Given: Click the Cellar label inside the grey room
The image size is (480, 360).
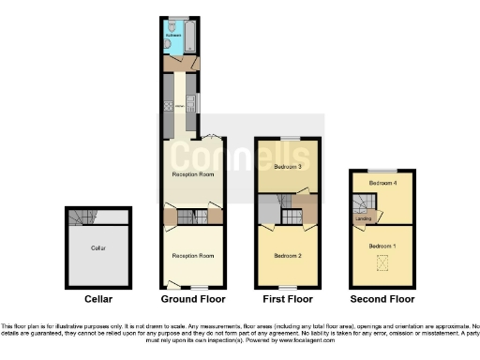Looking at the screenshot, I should pos(97,248).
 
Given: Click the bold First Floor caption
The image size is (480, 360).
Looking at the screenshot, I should pos(287,299).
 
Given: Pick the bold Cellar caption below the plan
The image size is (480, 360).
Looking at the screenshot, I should pos(97,299).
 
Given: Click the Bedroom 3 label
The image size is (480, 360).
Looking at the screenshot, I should pos(286,166).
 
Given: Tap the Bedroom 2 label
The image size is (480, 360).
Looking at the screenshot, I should pos(286,255).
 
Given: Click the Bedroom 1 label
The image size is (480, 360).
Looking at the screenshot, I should pos(381,245).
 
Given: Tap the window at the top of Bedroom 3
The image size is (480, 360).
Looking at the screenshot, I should pos(287,139).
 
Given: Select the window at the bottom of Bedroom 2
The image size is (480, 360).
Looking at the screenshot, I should pos(287,285).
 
